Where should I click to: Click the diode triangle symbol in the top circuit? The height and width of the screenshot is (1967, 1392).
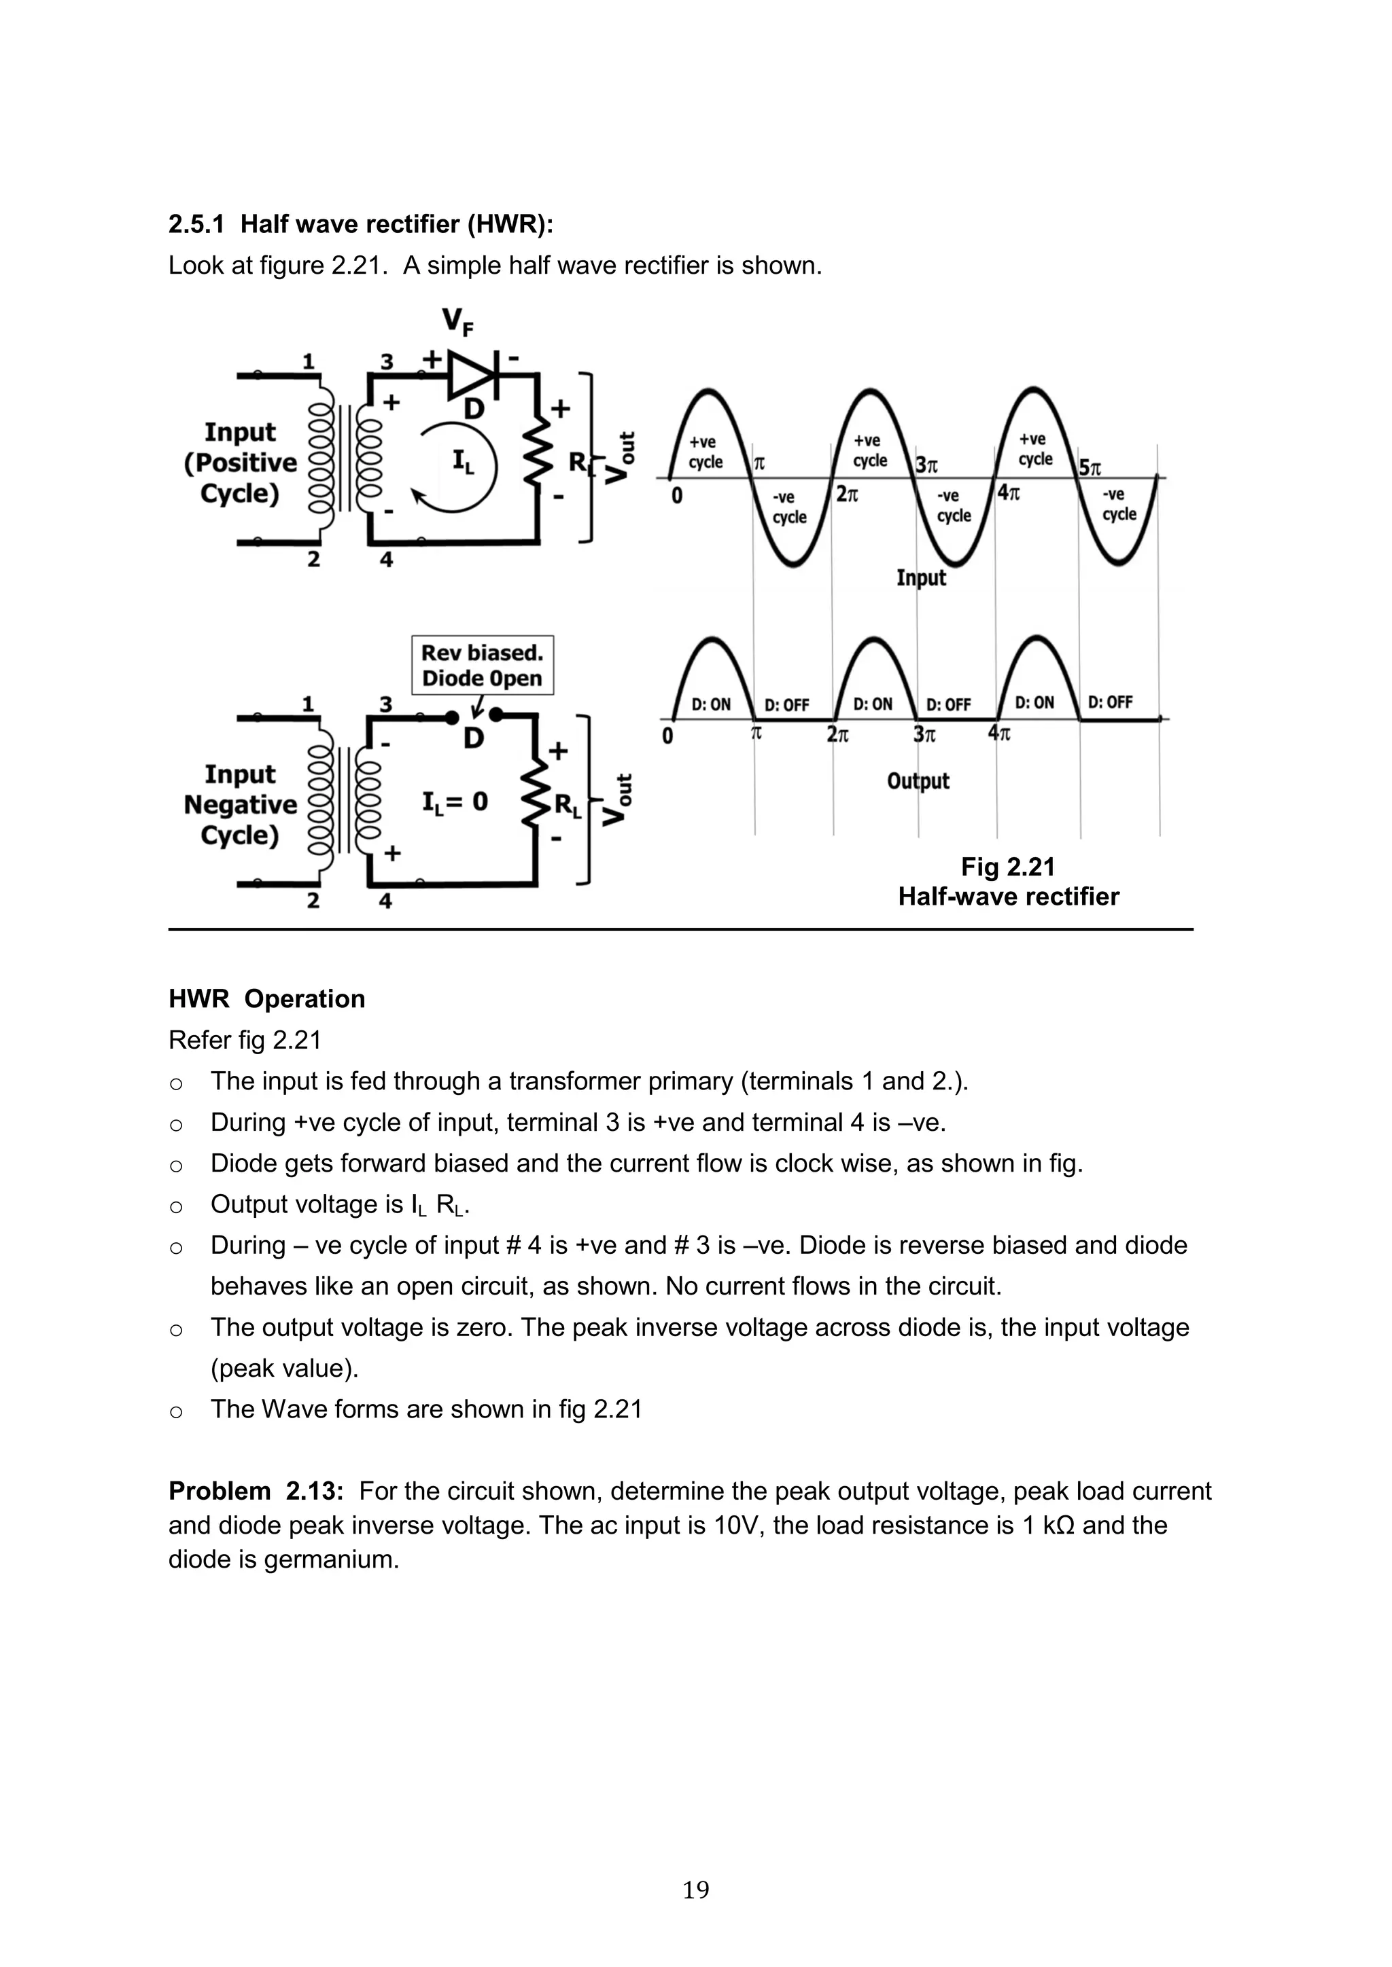(472, 374)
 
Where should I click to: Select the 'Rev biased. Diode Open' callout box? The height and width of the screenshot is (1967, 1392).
(483, 665)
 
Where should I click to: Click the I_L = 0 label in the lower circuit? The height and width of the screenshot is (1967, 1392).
(454, 802)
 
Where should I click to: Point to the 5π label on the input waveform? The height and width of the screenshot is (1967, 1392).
(1090, 468)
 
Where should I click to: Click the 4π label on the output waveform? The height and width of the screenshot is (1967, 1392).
(998, 734)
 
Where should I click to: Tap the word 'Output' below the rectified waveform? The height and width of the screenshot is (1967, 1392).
(918, 780)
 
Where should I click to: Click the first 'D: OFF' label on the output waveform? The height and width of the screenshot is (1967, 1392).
(786, 705)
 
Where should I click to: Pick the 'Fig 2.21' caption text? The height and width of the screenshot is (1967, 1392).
(1008, 867)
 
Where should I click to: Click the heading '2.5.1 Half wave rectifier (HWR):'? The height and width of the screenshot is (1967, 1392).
(361, 223)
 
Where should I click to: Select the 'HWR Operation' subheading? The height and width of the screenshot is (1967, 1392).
(266, 999)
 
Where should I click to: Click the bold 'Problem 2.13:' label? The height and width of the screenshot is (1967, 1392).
(256, 1491)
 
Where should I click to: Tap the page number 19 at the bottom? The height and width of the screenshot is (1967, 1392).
(695, 1889)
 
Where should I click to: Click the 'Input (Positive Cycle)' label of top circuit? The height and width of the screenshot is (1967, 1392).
(240, 463)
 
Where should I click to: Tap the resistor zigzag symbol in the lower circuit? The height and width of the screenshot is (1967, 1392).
(536, 796)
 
